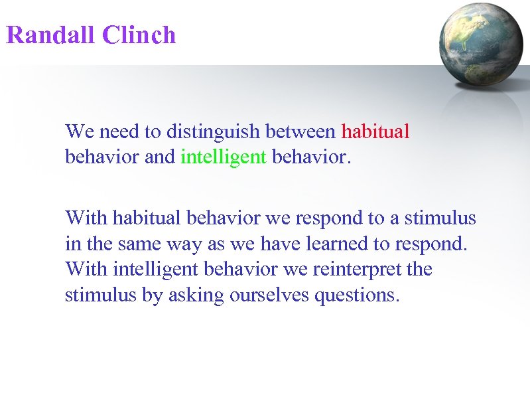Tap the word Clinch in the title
click(x=139, y=35)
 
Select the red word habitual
click(x=375, y=131)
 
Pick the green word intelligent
click(x=224, y=157)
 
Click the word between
click(x=305, y=131)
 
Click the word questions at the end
click(x=357, y=295)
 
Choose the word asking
click(x=196, y=295)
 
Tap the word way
click(x=180, y=244)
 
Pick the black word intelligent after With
click(x=156, y=270)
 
